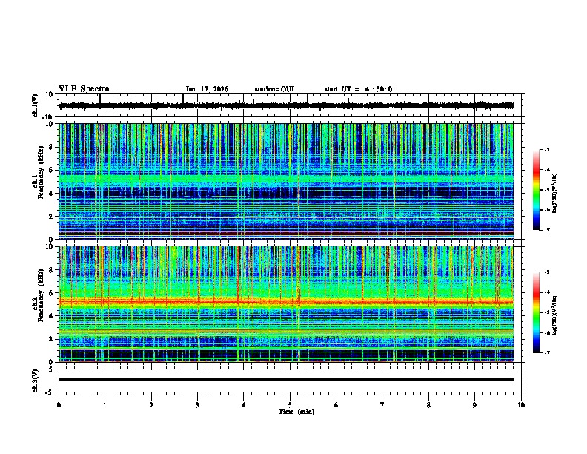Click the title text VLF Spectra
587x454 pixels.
coord(84,89)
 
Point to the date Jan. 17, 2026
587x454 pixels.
coord(207,89)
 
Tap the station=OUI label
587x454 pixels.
coord(274,89)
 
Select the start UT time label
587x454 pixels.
coord(358,89)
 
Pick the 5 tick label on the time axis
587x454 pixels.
coord(290,404)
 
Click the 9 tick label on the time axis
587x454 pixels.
coord(475,404)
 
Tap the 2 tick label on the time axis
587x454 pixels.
coord(151,404)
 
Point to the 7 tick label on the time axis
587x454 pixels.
coord(382,404)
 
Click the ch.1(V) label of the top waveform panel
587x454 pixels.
coord(36,106)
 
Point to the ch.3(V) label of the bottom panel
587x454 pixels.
coord(36,379)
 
